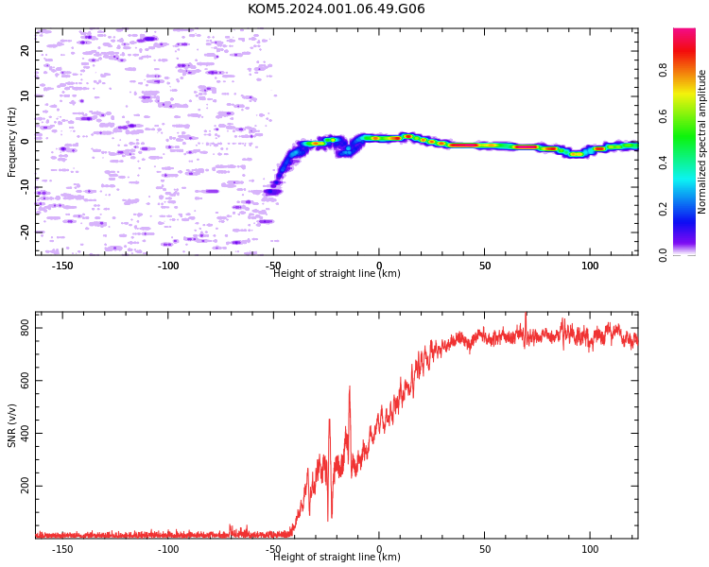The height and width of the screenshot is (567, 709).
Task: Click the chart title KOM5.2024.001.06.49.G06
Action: pyautogui.click(x=337, y=9)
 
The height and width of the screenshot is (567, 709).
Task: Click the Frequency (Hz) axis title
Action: pyautogui.click(x=11, y=142)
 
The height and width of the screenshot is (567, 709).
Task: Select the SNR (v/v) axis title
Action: pyautogui.click(x=11, y=425)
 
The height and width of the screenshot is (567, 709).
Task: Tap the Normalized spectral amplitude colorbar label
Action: pyautogui.click(x=701, y=142)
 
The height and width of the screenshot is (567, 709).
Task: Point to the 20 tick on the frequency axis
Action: pyautogui.click(x=25, y=51)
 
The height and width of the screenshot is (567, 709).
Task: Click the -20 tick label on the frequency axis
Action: pyautogui.click(x=25, y=232)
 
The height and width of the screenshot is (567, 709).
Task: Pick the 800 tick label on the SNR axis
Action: pyautogui.click(x=25, y=328)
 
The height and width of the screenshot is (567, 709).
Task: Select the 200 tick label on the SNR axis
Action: pyautogui.click(x=25, y=486)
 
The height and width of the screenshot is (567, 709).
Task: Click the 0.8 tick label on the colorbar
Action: pyautogui.click(x=663, y=70)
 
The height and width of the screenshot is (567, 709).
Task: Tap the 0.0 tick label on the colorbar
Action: pyautogui.click(x=663, y=255)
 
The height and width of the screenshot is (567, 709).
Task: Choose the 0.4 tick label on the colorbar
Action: pyautogui.click(x=663, y=163)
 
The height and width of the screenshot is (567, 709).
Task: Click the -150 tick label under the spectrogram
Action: pyautogui.click(x=62, y=266)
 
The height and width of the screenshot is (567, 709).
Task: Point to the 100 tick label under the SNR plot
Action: pyautogui.click(x=590, y=549)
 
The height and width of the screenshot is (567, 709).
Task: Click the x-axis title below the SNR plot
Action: pyautogui.click(x=337, y=557)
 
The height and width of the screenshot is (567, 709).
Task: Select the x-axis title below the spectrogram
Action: pyautogui.click(x=337, y=273)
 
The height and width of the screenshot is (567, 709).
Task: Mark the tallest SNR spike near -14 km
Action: pyautogui.click(x=350, y=387)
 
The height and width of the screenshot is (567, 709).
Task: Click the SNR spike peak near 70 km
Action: pyautogui.click(x=526, y=314)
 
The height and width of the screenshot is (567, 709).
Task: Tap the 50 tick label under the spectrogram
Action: pyautogui.click(x=485, y=266)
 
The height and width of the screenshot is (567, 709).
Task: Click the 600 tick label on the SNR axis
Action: pyautogui.click(x=25, y=381)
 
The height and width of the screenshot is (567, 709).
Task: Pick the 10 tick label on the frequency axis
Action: pyautogui.click(x=25, y=96)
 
